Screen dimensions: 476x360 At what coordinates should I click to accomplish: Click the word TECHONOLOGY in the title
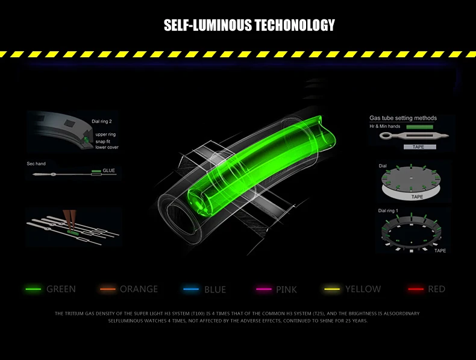(x=295, y=25)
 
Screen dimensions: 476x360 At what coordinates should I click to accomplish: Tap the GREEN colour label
(x=61, y=289)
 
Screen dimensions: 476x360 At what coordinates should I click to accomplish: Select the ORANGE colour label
(x=139, y=289)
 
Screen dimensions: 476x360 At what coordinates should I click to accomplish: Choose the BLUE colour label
(x=215, y=289)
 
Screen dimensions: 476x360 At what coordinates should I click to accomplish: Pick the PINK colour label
(x=286, y=289)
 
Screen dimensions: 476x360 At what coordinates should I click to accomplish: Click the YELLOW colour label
(x=363, y=289)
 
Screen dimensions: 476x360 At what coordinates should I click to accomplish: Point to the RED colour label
(x=436, y=289)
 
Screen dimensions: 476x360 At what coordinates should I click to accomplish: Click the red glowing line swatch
(x=416, y=289)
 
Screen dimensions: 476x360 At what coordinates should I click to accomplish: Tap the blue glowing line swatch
(x=191, y=289)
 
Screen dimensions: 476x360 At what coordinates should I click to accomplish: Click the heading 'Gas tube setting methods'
(x=403, y=118)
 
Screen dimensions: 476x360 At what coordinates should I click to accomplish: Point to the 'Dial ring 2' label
(x=102, y=121)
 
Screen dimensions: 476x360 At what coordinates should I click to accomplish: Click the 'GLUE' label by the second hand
(x=108, y=171)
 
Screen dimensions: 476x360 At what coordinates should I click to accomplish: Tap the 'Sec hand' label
(x=36, y=163)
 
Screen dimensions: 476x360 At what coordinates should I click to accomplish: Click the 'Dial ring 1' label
(x=388, y=211)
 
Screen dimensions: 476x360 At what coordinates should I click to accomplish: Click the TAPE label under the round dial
(x=417, y=197)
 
